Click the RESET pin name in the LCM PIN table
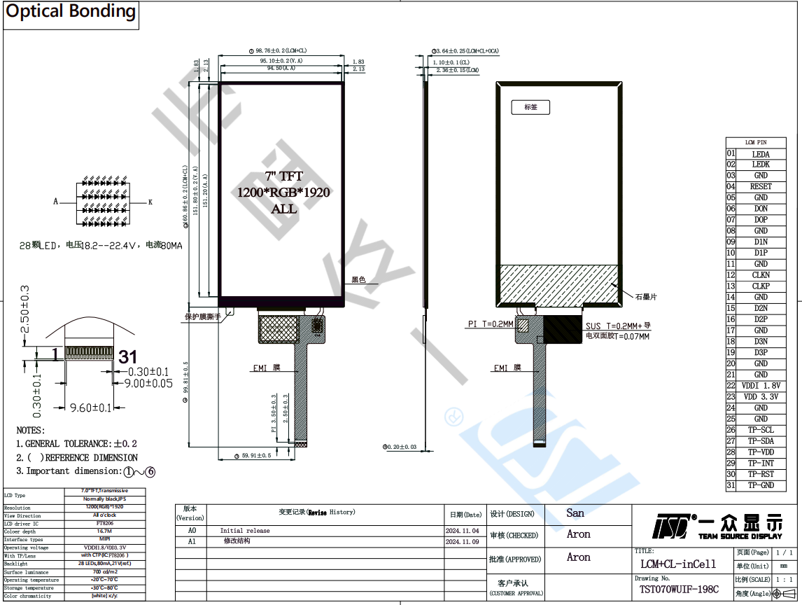click(x=761, y=187)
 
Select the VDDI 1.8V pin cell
click(x=761, y=386)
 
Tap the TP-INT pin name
click(x=761, y=464)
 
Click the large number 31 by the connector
click(x=127, y=357)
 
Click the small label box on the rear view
click(x=530, y=107)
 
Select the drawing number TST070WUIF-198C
click(x=679, y=590)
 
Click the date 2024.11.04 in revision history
click(x=462, y=531)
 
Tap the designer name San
click(x=575, y=513)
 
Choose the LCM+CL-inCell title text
click(x=678, y=564)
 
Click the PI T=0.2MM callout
click(x=490, y=324)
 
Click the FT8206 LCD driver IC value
click(x=105, y=523)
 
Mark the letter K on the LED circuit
click(x=150, y=202)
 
